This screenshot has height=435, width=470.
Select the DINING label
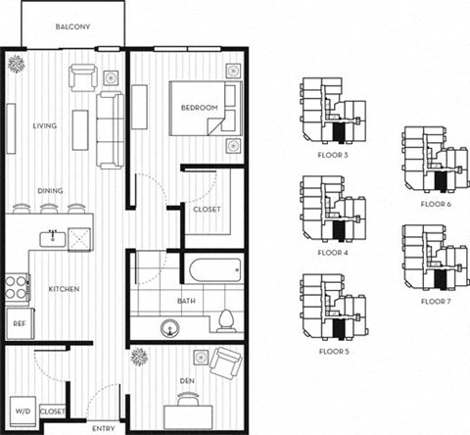51,191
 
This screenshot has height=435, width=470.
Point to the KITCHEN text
64,289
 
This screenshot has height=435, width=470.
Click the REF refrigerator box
19,322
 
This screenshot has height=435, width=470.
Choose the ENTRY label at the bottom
103,428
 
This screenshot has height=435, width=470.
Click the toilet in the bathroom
225,321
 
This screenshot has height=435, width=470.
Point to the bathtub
210,268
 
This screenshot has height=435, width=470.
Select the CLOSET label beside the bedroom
206,209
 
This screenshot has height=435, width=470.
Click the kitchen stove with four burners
18,285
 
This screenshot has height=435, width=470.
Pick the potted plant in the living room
18,64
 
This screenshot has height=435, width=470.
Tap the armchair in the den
226,367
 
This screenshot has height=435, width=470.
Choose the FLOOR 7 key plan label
434,302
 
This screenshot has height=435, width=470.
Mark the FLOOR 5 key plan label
333,350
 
